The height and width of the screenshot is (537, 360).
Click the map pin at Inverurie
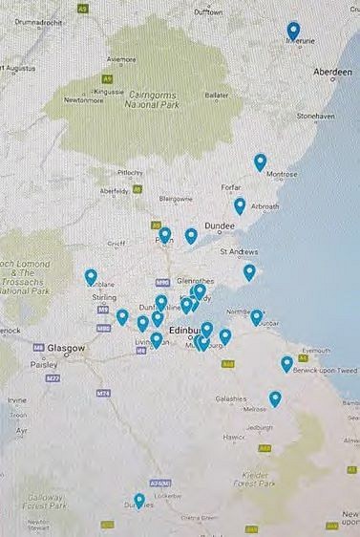(293, 31)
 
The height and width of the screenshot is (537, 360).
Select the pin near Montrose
(260, 161)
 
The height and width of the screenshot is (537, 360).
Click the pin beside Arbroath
(240, 204)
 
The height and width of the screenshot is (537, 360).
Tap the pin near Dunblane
(91, 276)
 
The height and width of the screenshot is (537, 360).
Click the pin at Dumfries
(139, 499)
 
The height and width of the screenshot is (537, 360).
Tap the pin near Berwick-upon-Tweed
(286, 363)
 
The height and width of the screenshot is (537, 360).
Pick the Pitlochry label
(129, 172)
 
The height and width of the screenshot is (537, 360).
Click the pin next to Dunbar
(256, 316)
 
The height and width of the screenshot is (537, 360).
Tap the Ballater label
(217, 96)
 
